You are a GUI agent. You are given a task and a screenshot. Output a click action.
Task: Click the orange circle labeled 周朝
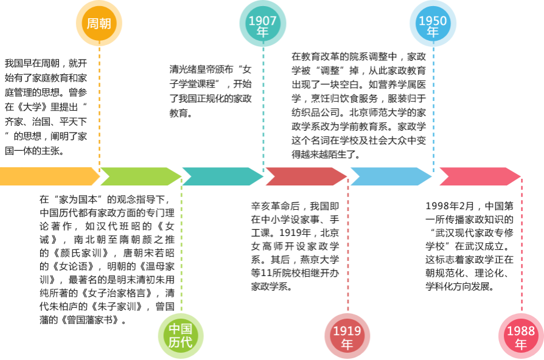[x=99, y=24]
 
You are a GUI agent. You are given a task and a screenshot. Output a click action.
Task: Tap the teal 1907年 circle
[x=263, y=24]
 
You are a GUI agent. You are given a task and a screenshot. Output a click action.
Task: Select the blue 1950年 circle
[x=433, y=24]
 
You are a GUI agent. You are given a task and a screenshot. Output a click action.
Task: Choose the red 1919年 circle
[x=347, y=336]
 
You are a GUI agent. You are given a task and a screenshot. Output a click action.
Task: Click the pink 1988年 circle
[x=521, y=336]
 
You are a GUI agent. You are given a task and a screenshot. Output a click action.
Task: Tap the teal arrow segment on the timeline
[x=222, y=176]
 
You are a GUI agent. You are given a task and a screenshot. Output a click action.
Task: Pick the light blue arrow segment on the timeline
[x=390, y=176]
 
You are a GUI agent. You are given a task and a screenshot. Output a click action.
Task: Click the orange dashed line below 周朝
[x=99, y=103]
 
